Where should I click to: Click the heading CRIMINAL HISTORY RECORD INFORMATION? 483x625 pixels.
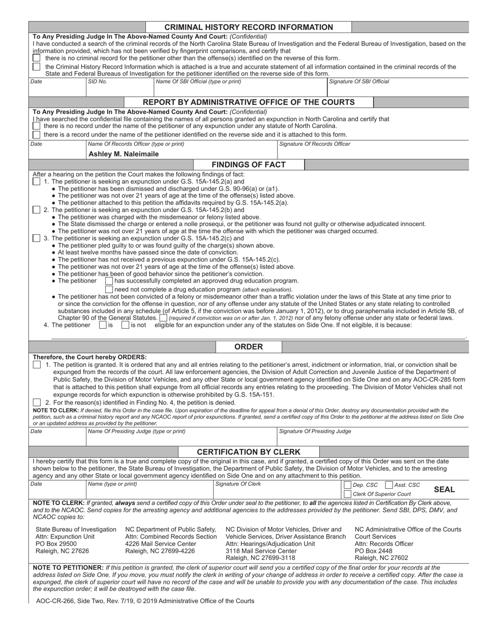point(249,27)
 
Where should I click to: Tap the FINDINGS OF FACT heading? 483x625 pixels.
point(248,165)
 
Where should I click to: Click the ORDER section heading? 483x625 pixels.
point(248,347)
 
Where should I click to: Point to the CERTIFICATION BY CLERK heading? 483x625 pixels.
point(248,452)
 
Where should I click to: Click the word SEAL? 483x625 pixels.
point(444,489)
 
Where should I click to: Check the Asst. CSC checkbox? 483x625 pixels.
point(389,485)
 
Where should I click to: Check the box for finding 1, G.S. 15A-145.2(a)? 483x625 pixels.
point(37,181)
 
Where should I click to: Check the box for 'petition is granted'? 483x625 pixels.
point(37,365)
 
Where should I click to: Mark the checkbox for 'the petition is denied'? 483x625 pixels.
point(37,402)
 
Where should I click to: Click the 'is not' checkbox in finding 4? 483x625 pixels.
point(126,325)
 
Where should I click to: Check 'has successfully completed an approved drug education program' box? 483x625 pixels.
point(109,280)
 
